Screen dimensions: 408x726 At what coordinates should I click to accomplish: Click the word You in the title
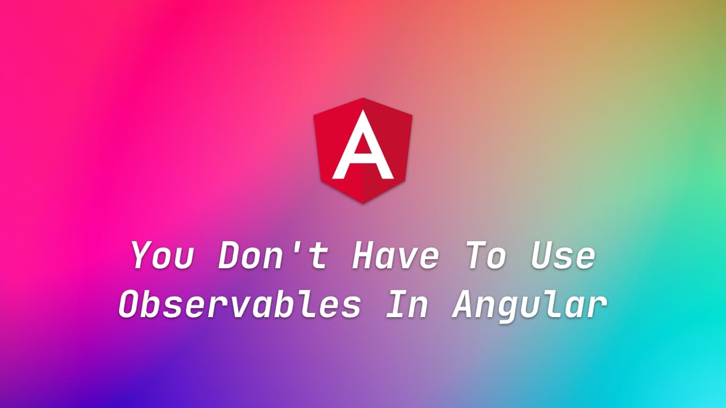click(x=162, y=256)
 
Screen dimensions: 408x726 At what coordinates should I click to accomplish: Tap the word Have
click(x=395, y=256)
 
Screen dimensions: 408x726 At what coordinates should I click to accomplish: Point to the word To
click(x=486, y=256)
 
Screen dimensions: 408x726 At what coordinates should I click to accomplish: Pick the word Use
click(x=563, y=256)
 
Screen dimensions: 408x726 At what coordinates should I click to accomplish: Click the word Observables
click(x=240, y=305)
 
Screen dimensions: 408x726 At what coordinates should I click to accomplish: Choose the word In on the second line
click(x=407, y=305)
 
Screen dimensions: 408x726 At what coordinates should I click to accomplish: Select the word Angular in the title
click(x=529, y=307)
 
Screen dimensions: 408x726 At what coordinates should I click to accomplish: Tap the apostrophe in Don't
click(x=299, y=246)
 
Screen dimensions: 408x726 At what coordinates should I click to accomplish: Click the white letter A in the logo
click(x=363, y=146)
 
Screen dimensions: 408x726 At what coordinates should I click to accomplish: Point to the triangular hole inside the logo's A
click(x=363, y=148)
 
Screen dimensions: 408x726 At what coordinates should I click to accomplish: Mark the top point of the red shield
click(x=363, y=98)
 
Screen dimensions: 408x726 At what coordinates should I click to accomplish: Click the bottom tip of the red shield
click(x=363, y=203)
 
